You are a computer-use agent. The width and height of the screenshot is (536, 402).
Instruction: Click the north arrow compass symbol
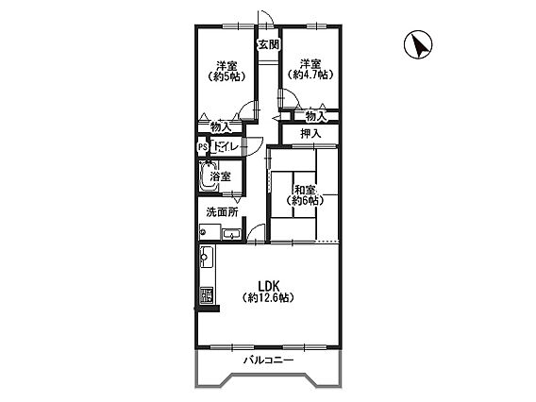coord(418,44)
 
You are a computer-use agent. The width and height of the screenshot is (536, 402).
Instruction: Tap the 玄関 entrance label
coord(269,44)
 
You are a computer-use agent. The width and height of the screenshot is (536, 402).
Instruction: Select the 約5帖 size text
coord(226,77)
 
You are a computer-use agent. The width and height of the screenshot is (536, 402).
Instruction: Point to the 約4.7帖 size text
coord(310,75)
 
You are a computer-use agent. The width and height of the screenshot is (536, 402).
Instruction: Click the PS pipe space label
coord(203,147)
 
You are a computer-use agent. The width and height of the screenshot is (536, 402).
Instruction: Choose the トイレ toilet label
coord(226,147)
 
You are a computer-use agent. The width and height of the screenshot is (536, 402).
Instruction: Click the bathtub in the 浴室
coord(209,176)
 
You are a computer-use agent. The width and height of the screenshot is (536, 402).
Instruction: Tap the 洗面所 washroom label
coord(222,212)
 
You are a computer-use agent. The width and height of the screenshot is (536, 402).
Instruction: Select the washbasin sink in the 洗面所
coord(232,234)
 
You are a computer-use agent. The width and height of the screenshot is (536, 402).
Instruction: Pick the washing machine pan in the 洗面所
coord(209,232)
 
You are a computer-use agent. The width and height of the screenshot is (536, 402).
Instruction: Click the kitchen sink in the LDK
coord(207,257)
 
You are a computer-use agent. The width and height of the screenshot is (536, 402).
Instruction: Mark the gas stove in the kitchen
coord(206,294)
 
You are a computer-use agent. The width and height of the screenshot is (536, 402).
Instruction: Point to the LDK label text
coord(269,286)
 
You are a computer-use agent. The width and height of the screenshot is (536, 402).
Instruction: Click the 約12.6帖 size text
coord(268,298)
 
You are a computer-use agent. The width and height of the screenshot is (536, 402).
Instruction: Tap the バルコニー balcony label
coord(268,360)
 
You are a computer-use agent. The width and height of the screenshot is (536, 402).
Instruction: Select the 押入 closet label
coord(310,134)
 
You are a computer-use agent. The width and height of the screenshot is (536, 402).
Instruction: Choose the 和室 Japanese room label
coord(305,190)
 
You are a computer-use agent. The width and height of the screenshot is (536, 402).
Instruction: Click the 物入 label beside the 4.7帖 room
coord(316,116)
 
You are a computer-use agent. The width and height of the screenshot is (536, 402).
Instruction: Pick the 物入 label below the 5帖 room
coord(221,127)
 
